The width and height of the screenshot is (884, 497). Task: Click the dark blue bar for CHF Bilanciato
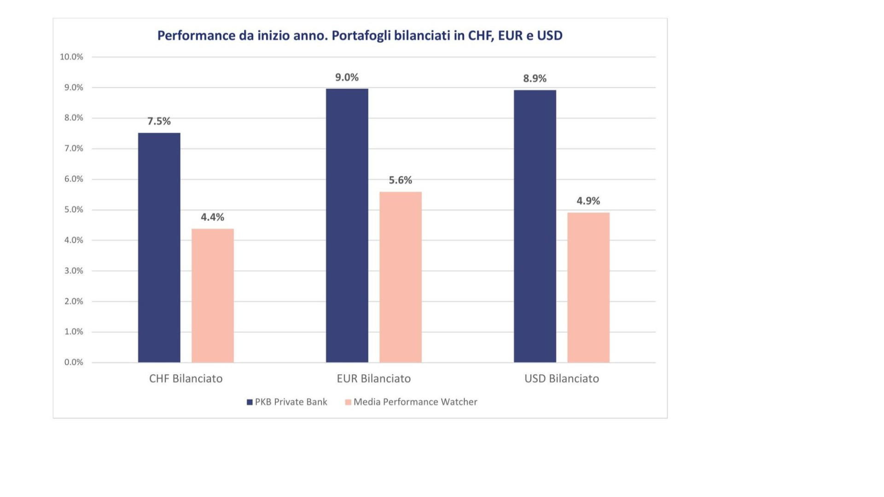159,248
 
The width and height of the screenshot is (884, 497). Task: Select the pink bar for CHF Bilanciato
213,295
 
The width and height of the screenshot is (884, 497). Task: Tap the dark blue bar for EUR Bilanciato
347,225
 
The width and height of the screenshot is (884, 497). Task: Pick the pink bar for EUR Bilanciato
401,277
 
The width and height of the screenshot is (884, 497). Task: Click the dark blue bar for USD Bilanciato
535,226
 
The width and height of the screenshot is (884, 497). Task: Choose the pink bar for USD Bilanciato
588,288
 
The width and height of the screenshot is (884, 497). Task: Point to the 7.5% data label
159,121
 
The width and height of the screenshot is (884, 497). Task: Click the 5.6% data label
401,180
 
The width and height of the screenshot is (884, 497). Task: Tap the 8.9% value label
535,78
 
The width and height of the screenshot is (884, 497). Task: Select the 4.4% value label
212,217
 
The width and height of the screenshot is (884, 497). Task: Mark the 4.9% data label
588,201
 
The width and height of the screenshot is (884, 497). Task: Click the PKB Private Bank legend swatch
250,402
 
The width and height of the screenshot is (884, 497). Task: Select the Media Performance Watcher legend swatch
348,402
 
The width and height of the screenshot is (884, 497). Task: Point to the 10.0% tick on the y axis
71,57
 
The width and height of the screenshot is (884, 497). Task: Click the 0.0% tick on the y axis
74,362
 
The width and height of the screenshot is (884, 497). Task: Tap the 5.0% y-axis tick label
74,209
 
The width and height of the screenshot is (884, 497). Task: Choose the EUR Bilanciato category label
374,378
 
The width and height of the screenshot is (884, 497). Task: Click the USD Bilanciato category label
562,378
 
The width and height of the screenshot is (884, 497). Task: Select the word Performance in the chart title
197,35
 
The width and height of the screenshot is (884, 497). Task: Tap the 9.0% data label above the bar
347,77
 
